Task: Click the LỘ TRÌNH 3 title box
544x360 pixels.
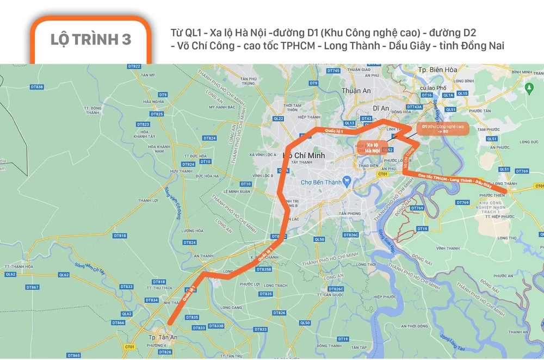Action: [x=91, y=40]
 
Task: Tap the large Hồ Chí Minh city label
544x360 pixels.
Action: [x=304, y=156]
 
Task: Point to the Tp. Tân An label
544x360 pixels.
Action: [x=161, y=337]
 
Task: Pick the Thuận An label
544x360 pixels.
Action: [x=356, y=91]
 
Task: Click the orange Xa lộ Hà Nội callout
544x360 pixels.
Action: [x=373, y=147]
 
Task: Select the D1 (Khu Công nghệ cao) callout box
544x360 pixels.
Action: [x=442, y=129]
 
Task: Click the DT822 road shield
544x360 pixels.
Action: [x=134, y=66]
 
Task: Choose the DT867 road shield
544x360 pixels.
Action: [x=33, y=287]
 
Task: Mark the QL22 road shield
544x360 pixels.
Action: [x=279, y=118]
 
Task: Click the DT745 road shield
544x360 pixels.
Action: [x=333, y=71]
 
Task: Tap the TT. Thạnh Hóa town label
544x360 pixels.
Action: [x=19, y=266]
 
